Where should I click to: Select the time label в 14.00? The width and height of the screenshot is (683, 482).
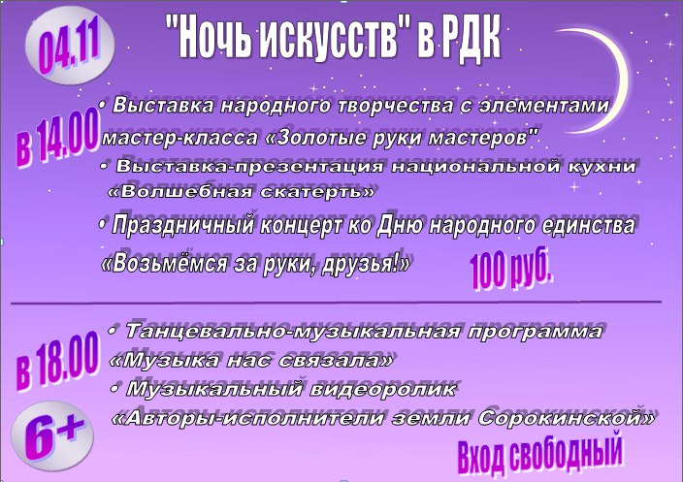point(56,139)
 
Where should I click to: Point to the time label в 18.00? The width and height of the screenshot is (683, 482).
point(56,361)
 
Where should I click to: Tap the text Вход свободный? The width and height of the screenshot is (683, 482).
point(540,455)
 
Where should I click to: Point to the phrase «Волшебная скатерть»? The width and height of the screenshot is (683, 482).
point(241,192)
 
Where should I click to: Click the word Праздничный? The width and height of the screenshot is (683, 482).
point(183,226)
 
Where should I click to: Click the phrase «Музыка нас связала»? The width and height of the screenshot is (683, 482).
point(251,361)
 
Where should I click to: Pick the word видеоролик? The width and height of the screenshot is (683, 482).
point(383,389)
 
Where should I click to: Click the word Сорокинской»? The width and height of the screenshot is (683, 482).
point(567,419)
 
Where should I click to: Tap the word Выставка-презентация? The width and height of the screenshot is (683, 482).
point(250,167)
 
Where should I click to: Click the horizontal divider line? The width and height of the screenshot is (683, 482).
point(337,302)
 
